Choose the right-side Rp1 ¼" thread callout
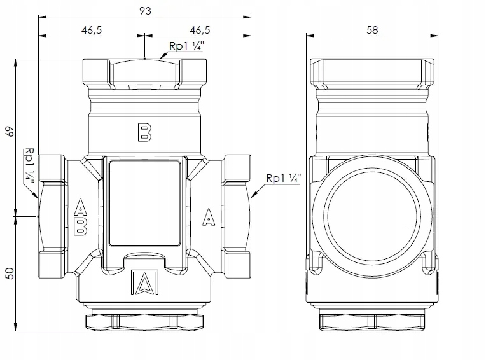click(x=284, y=179)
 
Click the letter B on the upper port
click(x=144, y=132)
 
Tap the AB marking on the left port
click(x=80, y=218)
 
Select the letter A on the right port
click(x=207, y=218)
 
